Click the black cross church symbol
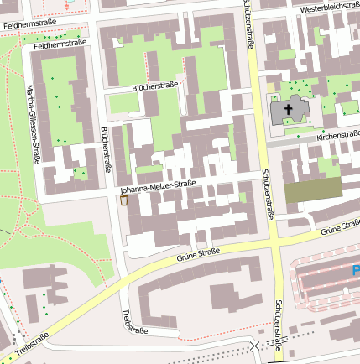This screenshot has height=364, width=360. click(290, 109)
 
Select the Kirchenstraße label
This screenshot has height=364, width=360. click(339, 134)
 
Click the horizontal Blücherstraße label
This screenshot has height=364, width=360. click(156, 86)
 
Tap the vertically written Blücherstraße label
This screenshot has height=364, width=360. click(107, 149)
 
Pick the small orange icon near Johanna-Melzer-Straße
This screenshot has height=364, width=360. click(124, 200)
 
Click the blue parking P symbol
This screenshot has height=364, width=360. click(356, 271)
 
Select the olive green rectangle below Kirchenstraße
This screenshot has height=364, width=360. click(313, 190)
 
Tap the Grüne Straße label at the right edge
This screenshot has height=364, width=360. click(340, 226)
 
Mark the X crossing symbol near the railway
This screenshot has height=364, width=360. click(255, 346)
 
